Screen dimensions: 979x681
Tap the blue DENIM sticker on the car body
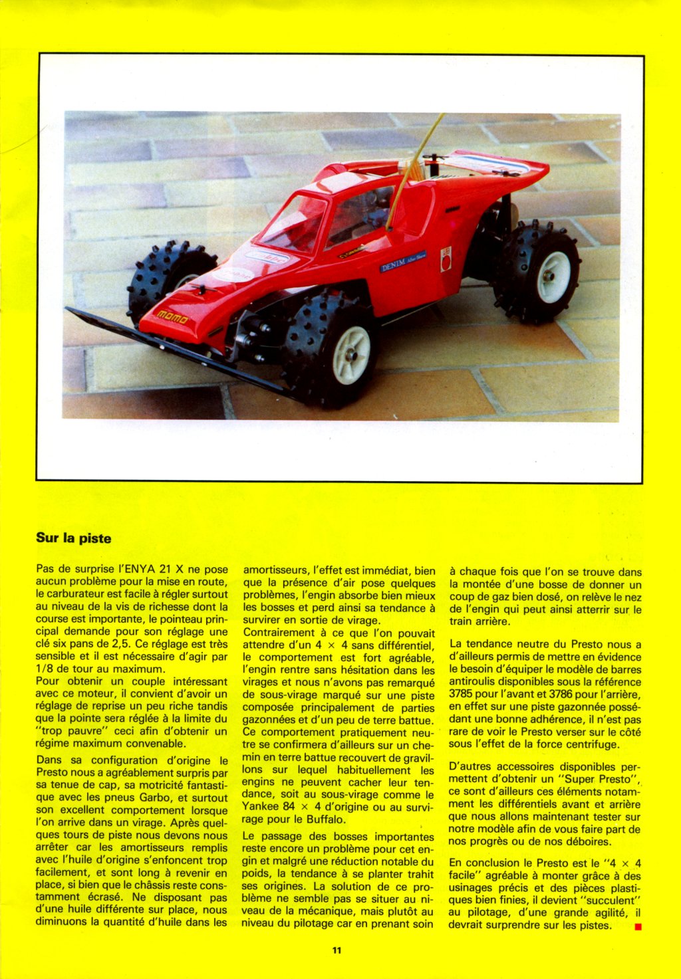(403, 261)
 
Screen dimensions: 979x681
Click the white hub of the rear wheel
(553, 277)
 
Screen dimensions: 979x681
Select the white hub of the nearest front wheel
(350, 355)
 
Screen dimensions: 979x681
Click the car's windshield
(293, 223)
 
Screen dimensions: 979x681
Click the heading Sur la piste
(74, 538)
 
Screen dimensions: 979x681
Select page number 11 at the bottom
(337, 950)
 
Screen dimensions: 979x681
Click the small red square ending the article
(638, 926)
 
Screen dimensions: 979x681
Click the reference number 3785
(461, 694)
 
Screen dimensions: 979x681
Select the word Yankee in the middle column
(259, 808)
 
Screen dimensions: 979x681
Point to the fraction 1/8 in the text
(45, 669)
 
